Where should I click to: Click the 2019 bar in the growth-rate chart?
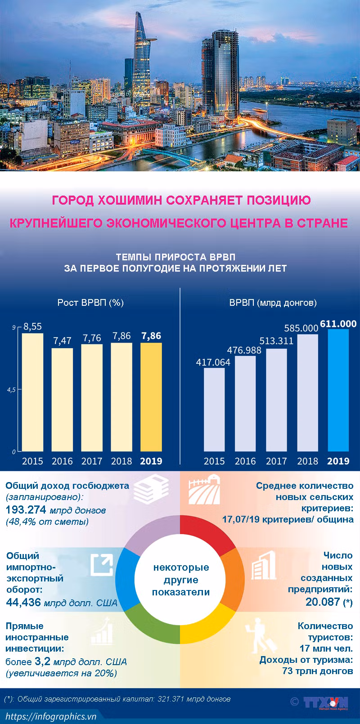[151, 397]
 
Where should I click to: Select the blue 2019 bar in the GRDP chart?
[338, 390]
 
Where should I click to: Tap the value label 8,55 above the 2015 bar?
[33, 326]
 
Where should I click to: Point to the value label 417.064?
[213, 362]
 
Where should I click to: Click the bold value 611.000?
[338, 323]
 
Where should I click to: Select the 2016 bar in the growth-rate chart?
[62, 400]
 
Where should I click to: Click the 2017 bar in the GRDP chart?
[276, 400]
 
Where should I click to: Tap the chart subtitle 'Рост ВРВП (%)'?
[90, 303]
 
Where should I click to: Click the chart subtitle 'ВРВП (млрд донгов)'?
[273, 303]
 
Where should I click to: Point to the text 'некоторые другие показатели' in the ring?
[181, 580]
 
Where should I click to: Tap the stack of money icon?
[151, 488]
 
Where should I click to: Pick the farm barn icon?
[204, 489]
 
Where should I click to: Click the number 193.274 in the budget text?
[26, 509]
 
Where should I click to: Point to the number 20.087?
[323, 602]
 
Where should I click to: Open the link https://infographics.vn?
[51, 716]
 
